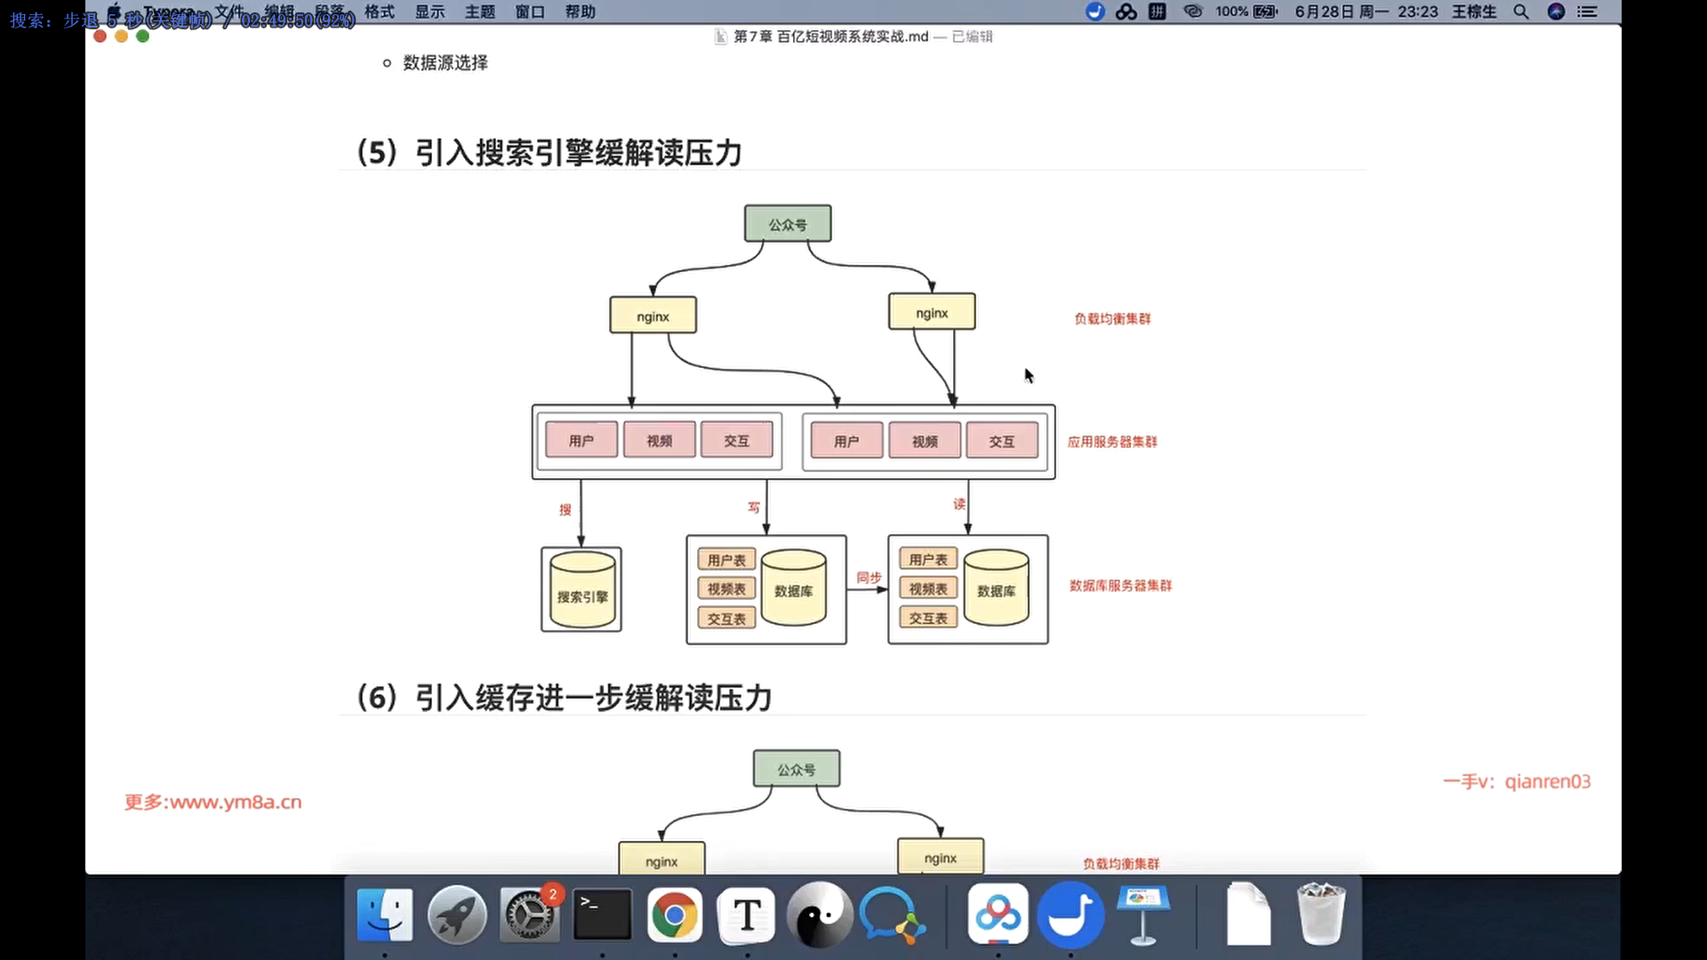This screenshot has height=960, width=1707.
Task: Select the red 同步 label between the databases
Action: click(869, 578)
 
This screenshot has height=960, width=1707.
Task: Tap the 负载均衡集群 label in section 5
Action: click(1112, 319)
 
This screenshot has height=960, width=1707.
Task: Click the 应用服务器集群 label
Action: click(1112, 442)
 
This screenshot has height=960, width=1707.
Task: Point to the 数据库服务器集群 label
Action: click(1120, 586)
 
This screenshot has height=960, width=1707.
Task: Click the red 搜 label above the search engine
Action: click(565, 509)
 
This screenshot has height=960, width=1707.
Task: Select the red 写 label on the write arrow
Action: click(754, 508)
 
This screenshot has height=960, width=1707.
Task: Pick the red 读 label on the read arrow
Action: click(959, 504)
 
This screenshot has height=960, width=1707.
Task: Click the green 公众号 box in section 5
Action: click(788, 224)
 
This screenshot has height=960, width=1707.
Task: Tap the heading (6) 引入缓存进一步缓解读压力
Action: click(564, 698)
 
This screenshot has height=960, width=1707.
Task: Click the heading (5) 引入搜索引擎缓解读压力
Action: click(549, 153)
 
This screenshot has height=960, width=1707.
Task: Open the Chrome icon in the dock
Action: click(674, 916)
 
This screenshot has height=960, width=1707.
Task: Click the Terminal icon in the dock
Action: click(602, 916)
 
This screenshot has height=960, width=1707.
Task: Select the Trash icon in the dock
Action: click(1320, 914)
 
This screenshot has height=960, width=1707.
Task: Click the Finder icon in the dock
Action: click(384, 916)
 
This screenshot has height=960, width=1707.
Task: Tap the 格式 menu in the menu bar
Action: click(380, 12)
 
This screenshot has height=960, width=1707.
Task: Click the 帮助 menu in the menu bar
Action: click(581, 12)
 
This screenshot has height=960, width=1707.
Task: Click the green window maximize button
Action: click(142, 36)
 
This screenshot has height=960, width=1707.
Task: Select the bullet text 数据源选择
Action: click(445, 63)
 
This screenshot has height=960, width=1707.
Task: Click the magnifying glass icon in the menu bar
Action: click(1520, 12)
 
